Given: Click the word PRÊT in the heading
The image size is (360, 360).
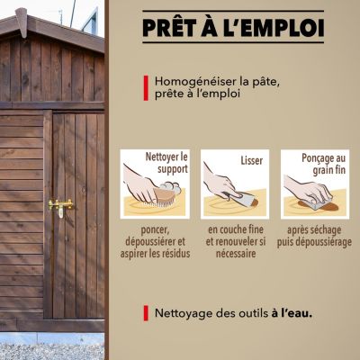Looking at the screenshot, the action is coord(166,28).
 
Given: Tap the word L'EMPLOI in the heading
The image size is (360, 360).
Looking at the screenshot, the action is coord(274,28).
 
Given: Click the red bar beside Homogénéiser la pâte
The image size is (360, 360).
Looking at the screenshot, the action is coord(146,88).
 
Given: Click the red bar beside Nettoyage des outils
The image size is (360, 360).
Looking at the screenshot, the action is coord(146,313).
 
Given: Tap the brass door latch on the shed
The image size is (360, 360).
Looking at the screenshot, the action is coord(61,206).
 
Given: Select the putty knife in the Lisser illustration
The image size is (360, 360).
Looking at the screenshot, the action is coord(244,200).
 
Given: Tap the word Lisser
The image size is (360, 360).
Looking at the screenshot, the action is coord(252,160).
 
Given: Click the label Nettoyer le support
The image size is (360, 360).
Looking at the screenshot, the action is coord(166,163).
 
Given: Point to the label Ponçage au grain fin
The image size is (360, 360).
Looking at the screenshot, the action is coord(324,164).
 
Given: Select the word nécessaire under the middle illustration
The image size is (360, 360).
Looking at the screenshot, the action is coord(236,254).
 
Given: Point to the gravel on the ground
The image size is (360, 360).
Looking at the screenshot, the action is coord(52,352).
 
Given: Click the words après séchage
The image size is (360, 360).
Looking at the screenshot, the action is coord(314,230).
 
